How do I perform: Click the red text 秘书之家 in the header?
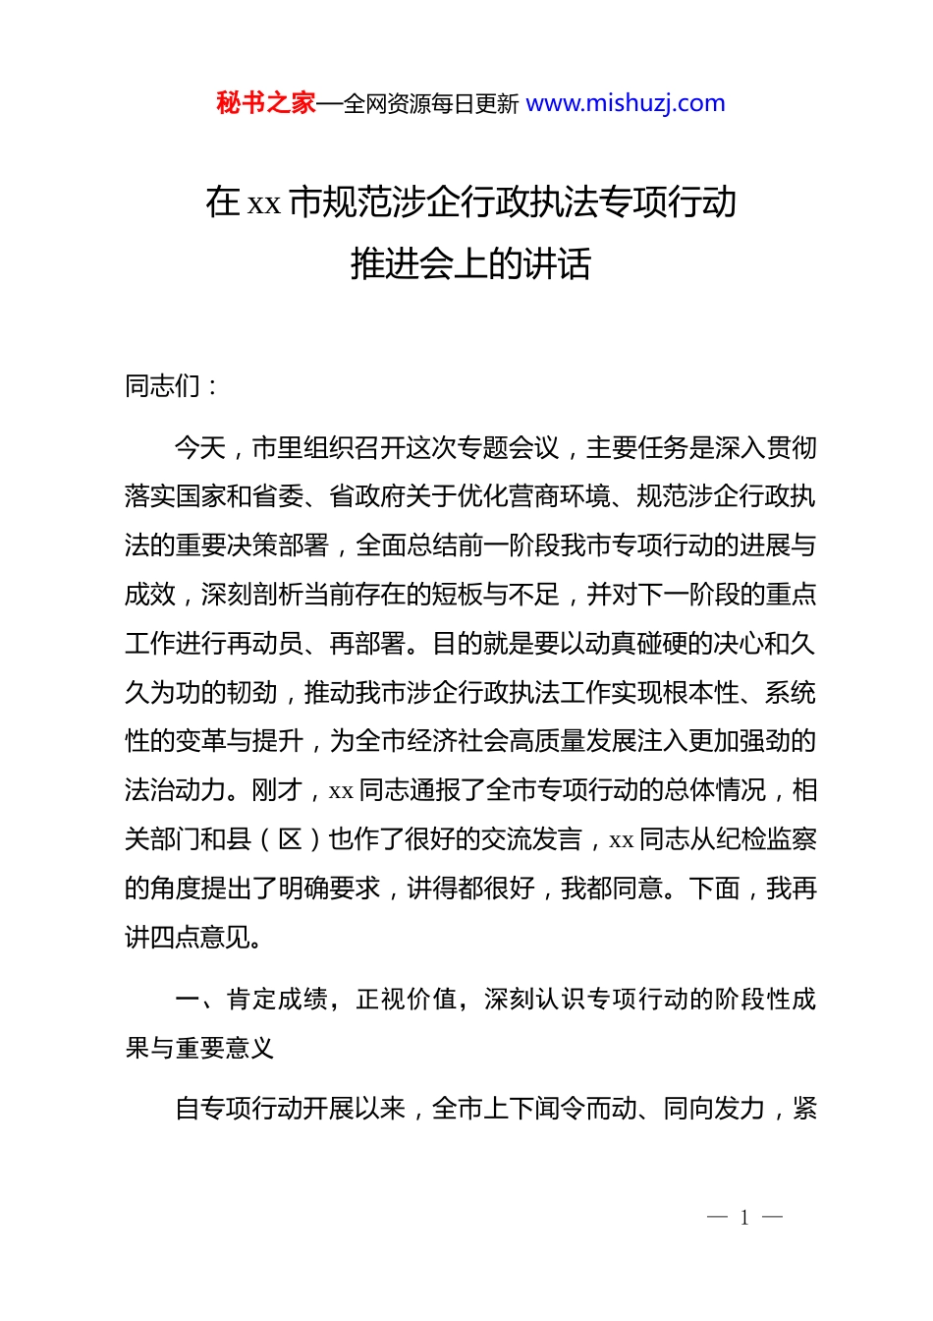click(265, 103)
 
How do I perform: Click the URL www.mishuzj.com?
click(626, 103)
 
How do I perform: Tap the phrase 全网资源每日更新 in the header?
click(431, 104)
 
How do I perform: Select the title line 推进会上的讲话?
click(470, 263)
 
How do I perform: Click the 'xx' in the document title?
click(263, 203)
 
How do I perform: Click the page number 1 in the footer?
click(744, 1218)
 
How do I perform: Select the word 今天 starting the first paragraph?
click(200, 448)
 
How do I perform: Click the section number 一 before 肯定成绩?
click(188, 1000)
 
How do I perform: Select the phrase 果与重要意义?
click(200, 1049)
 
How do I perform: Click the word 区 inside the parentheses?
click(290, 839)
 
